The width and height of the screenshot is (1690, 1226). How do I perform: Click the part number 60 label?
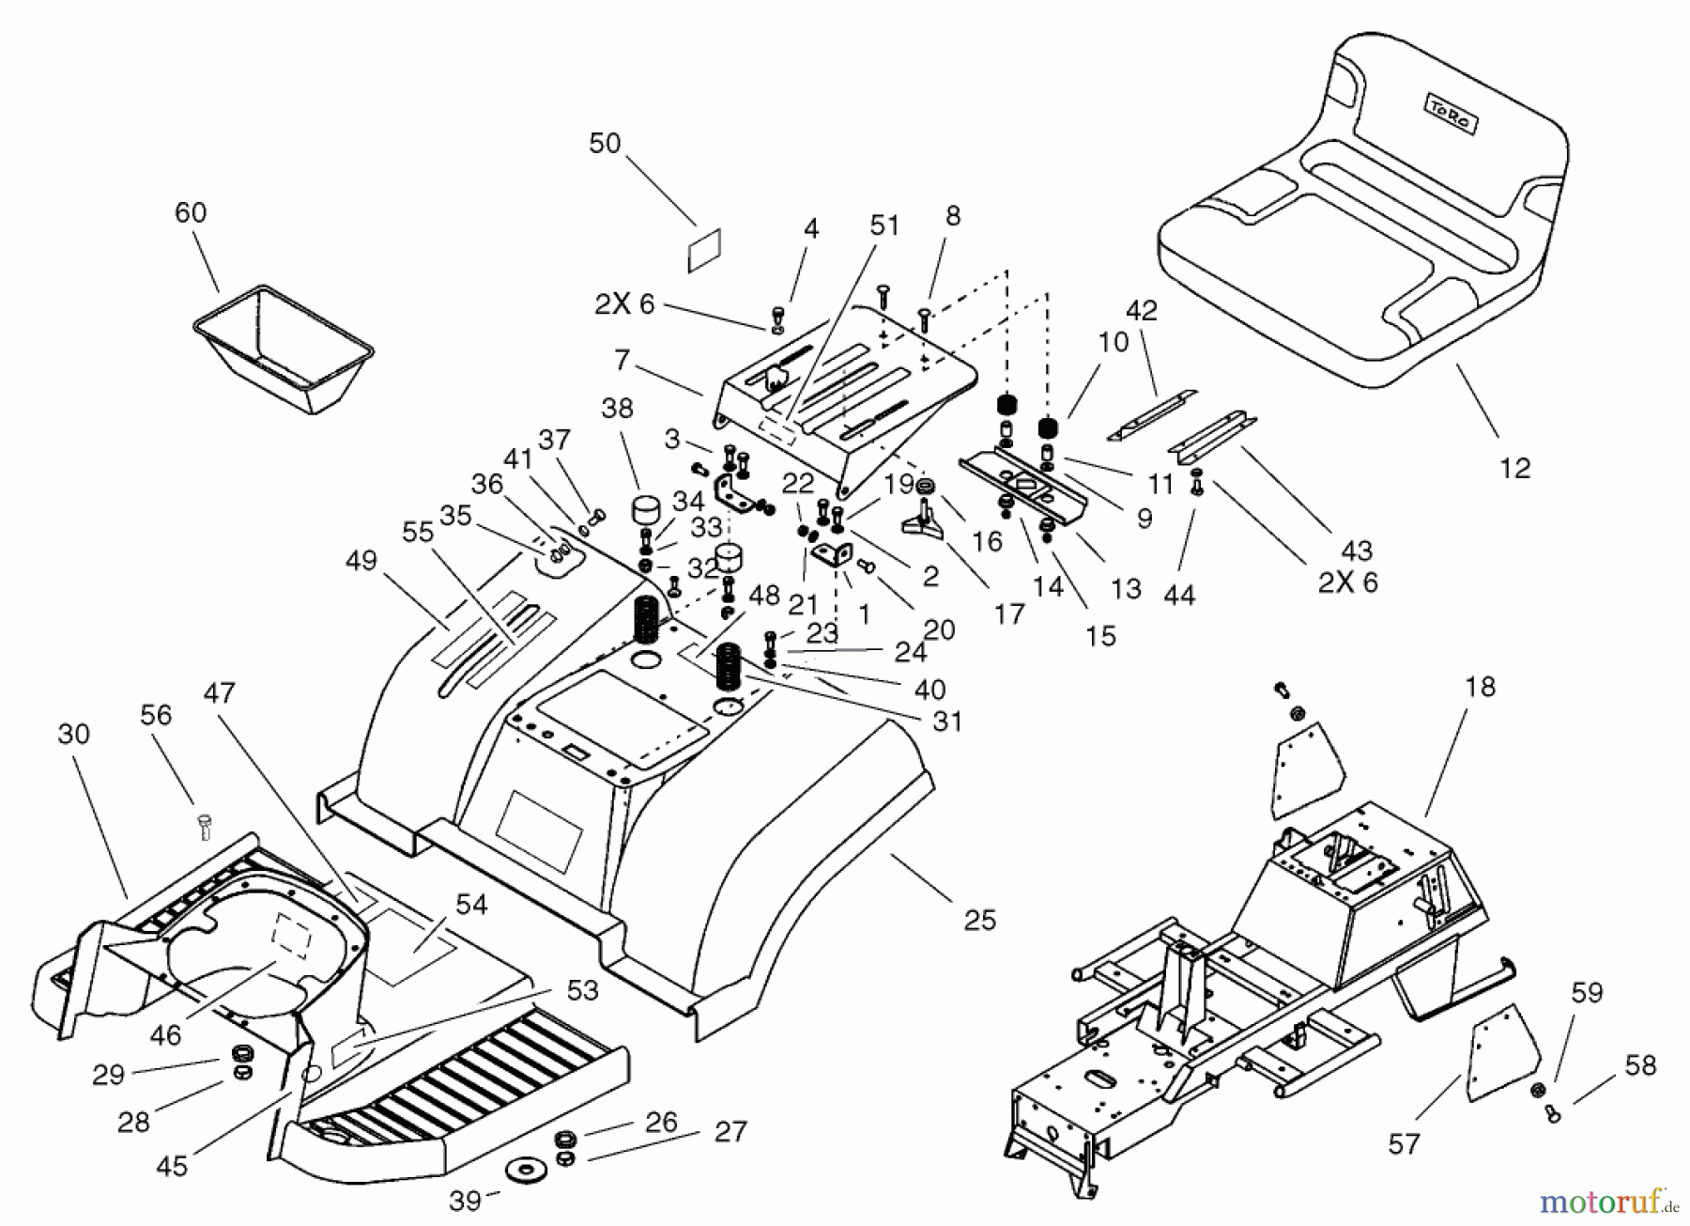[x=191, y=213]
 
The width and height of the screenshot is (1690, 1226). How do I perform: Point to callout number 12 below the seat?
[x=1514, y=468]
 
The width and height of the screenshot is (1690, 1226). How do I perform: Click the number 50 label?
[x=605, y=144]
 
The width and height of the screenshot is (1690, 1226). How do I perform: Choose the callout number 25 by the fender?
[x=979, y=920]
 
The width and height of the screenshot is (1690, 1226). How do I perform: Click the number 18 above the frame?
[x=1479, y=688]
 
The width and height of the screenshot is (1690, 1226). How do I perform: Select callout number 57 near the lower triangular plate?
[x=1405, y=1144]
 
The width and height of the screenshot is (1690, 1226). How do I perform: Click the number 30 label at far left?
[x=73, y=734]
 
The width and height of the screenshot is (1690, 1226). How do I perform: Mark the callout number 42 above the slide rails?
[x=1141, y=311]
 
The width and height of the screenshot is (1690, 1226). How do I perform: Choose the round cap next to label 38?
[x=647, y=515]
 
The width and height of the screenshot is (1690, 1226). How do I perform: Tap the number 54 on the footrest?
[x=471, y=905]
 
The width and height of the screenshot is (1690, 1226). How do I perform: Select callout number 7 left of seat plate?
[x=621, y=359]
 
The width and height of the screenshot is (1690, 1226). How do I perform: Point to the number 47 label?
[x=219, y=693]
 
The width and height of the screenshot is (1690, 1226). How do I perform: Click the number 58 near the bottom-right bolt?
[x=1639, y=1065]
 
